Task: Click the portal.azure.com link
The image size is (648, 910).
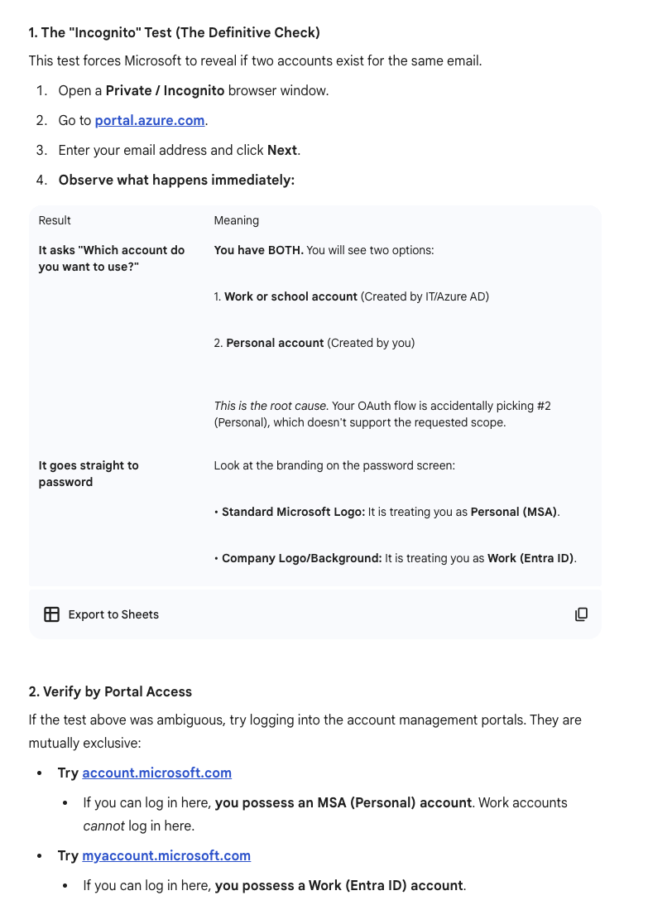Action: pyautogui.click(x=150, y=120)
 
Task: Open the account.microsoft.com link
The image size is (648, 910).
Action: pyautogui.click(x=156, y=773)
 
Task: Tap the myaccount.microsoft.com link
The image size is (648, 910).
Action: pyautogui.click(x=166, y=855)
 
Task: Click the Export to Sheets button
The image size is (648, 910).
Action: pyautogui.click(x=113, y=614)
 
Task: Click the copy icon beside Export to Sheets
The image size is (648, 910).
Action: pyautogui.click(x=581, y=614)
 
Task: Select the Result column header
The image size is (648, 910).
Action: pyautogui.click(x=55, y=220)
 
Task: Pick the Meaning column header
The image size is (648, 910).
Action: pyautogui.click(x=236, y=220)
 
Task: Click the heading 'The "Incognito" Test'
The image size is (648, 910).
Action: pyautogui.click(x=174, y=32)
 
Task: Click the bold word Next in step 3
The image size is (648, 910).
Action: pyautogui.click(x=281, y=150)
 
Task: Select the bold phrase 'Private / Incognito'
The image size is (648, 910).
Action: pyautogui.click(x=165, y=90)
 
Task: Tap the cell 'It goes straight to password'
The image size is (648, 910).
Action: pyautogui.click(x=89, y=474)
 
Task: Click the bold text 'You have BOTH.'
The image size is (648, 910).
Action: pyautogui.click(x=258, y=250)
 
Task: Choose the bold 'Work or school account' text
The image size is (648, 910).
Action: pyautogui.click(x=290, y=296)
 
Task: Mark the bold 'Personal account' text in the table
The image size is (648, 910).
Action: pyautogui.click(x=275, y=343)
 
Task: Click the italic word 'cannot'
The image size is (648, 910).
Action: pyautogui.click(x=103, y=826)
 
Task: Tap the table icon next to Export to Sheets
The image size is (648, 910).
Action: pyautogui.click(x=51, y=614)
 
